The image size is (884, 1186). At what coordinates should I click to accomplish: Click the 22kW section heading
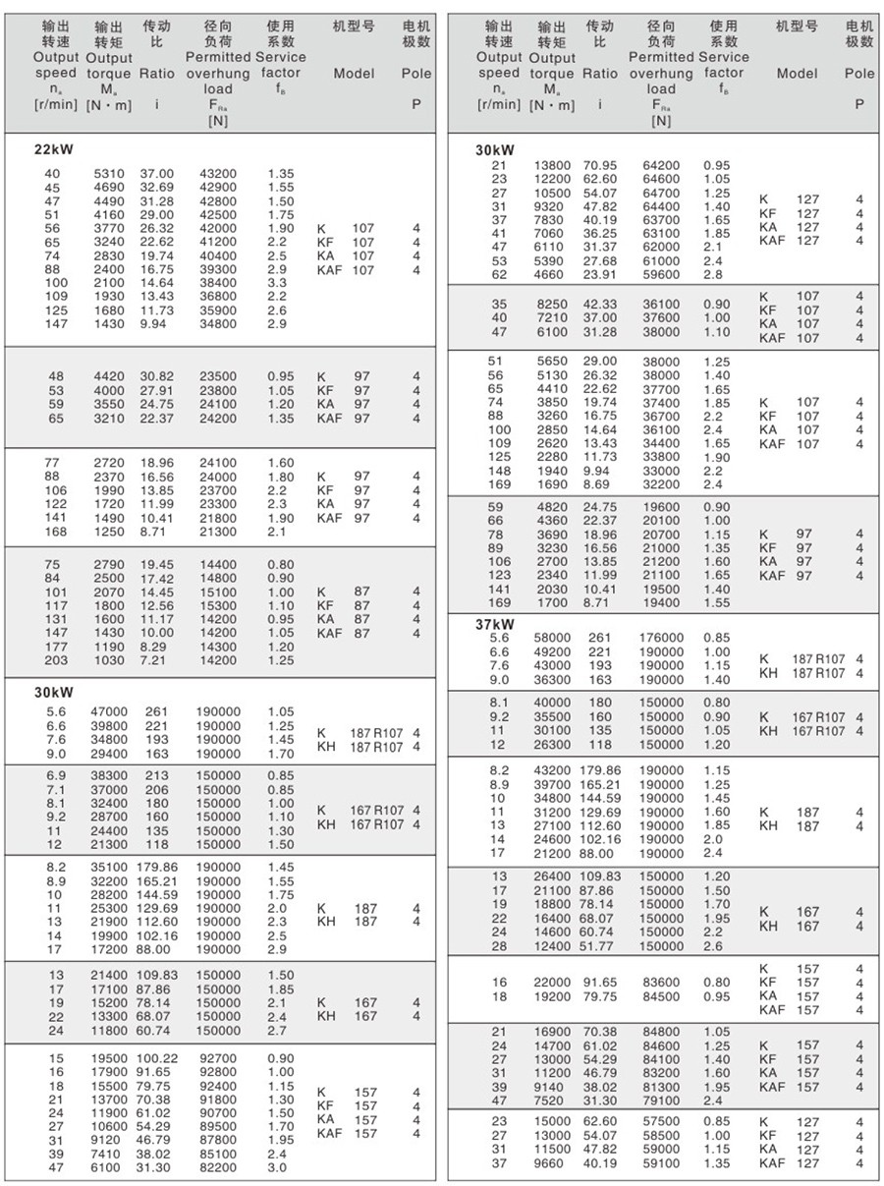55,149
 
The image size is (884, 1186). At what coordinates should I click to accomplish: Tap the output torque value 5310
108,174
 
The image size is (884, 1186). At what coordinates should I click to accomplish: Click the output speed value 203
56,661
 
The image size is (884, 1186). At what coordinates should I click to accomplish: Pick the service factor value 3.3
278,282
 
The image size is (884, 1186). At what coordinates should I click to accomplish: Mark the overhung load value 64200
661,165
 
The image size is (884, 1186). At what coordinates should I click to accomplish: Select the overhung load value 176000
661,638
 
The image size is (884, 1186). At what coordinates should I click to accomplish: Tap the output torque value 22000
552,982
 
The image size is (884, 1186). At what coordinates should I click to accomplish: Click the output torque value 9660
550,1163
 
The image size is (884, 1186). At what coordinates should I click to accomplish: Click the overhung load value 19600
661,507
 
